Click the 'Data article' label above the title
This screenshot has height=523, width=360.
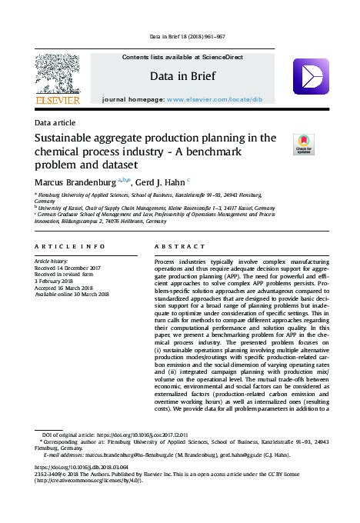pos(56,122)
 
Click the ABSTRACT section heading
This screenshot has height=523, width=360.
pos(176,246)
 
